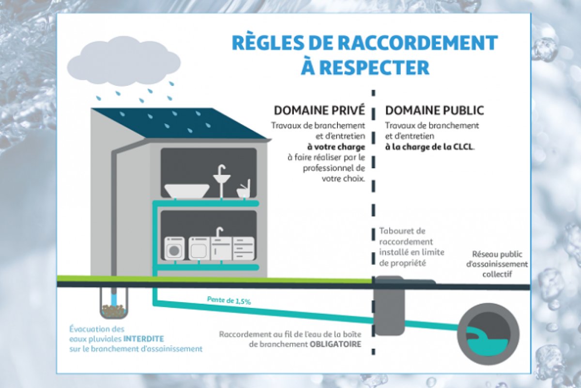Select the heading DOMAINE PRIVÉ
click(x=320, y=110)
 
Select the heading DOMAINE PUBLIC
click(x=434, y=110)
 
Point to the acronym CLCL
click(x=463, y=146)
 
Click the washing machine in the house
click(x=175, y=249)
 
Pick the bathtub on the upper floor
click(x=186, y=190)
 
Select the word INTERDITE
click(x=144, y=339)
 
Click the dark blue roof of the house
click(x=179, y=123)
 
